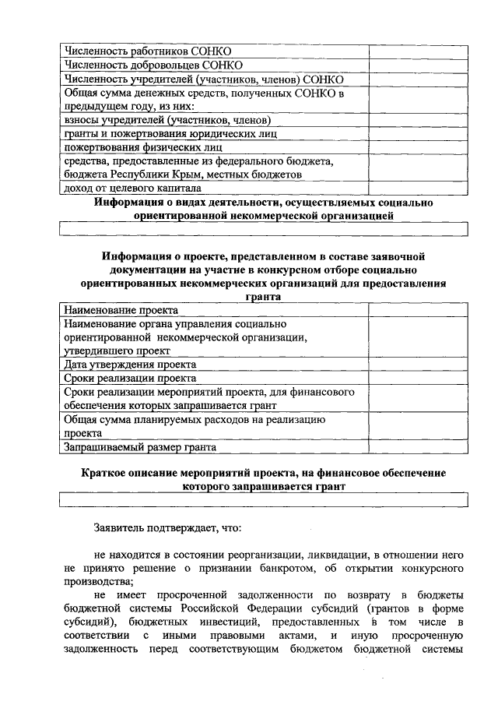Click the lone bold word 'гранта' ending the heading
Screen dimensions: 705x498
264,297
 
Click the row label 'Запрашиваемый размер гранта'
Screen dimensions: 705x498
139,447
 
